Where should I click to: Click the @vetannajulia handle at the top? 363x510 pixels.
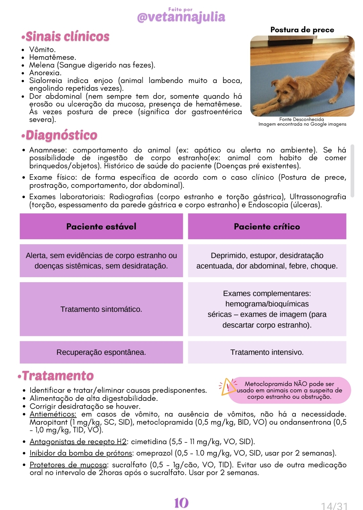coord(181,17)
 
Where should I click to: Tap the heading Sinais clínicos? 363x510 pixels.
coord(66,36)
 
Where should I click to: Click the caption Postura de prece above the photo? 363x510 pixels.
coord(302,30)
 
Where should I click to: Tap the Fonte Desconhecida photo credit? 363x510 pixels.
coord(301,119)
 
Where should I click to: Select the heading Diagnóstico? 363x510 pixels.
coord(60,135)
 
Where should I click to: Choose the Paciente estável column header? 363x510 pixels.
coord(101,226)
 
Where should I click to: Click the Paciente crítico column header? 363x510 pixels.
coord(267,226)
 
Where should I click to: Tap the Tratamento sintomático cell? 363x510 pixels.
coord(101,309)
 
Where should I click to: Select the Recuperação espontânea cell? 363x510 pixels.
coord(101,352)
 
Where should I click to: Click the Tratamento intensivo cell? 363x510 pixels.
coord(267,352)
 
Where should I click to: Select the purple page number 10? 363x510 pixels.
coord(181,503)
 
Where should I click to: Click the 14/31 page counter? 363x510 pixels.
coord(334,506)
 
